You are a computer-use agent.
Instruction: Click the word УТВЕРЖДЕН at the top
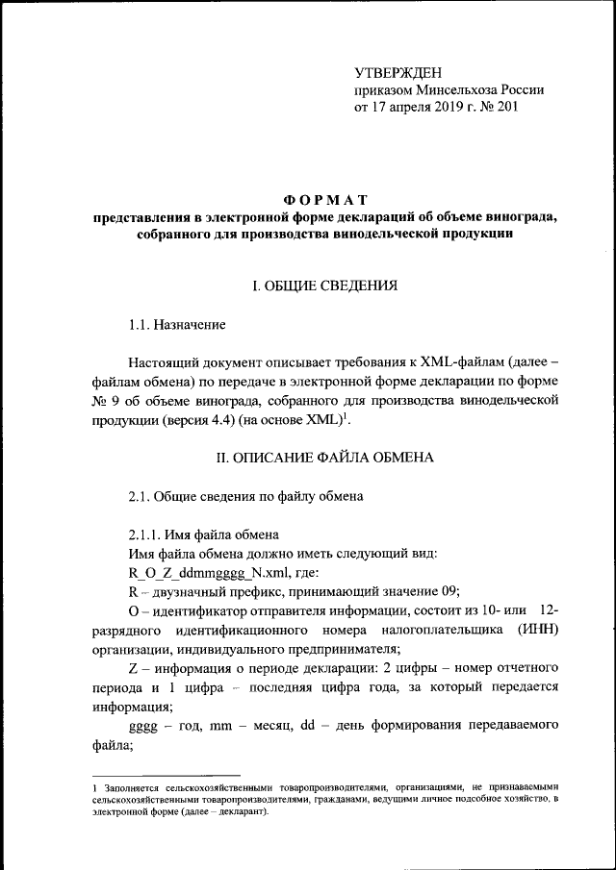coord(398,72)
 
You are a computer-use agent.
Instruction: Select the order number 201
coord(506,108)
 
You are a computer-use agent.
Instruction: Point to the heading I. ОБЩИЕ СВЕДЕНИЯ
coord(319,286)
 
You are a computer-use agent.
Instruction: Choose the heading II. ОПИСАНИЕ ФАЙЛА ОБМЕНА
coord(324,458)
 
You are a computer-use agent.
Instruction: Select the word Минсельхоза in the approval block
coord(450,89)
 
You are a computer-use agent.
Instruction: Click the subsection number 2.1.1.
coord(148,534)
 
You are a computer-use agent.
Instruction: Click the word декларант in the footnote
coord(236,810)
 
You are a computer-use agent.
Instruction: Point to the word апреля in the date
coord(398,108)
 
